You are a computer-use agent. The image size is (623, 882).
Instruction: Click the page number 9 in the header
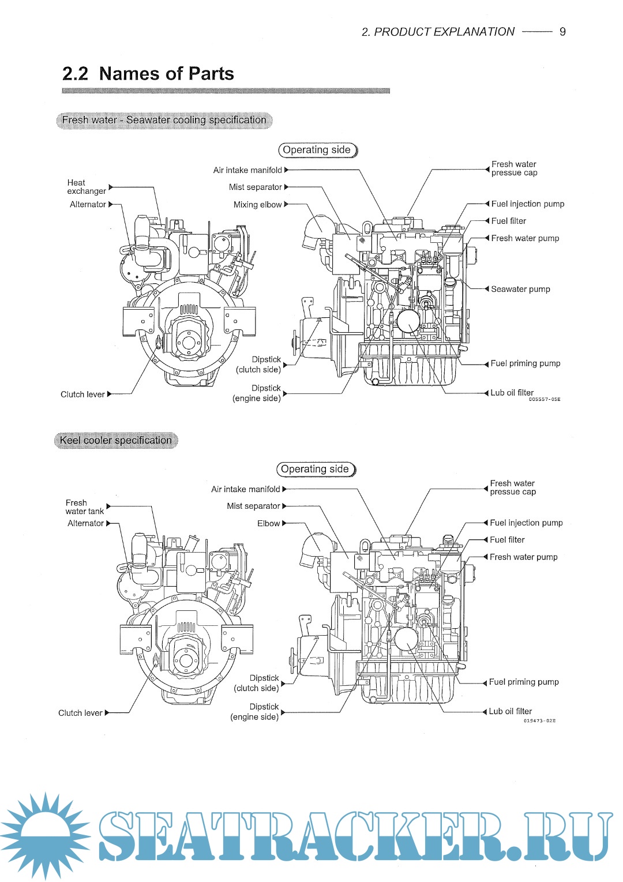562,32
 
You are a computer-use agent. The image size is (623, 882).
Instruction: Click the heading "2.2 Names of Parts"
148,74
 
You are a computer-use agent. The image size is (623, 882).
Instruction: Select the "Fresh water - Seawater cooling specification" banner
164,120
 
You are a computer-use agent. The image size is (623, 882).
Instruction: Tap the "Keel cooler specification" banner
116,440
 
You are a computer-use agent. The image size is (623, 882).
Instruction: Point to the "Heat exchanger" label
87,187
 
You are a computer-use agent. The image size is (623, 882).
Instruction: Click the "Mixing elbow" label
257,205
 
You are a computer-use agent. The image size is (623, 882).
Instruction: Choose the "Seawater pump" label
520,289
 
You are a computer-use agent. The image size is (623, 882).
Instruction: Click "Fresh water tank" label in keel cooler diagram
84,507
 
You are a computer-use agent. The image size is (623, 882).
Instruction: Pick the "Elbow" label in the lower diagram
268,523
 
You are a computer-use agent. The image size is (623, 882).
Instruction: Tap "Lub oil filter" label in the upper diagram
512,392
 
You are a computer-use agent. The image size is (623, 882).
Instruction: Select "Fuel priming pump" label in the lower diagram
524,682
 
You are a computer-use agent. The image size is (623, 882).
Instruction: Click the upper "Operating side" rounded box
317,150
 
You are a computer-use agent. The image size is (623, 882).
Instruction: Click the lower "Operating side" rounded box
316,469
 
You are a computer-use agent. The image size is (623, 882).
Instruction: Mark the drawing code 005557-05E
544,399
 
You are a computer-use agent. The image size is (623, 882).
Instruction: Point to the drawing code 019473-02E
539,720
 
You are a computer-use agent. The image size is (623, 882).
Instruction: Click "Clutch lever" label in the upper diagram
82,395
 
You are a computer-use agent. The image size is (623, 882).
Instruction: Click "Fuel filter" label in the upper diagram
508,221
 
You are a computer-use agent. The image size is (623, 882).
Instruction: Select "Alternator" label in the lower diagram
85,523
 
